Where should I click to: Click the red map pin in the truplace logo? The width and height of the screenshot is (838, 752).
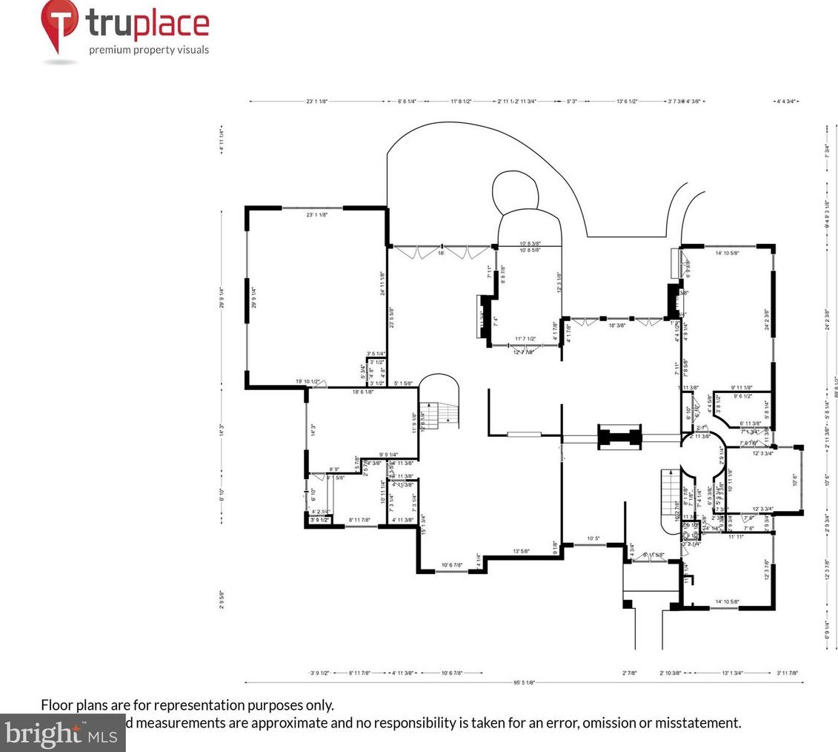(60, 24)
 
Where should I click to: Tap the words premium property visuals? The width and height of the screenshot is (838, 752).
(149, 50)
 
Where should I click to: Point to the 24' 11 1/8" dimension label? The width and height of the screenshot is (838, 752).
(382, 283)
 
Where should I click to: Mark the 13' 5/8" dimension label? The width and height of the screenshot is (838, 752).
(521, 551)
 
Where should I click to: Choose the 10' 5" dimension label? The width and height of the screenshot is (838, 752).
(593, 538)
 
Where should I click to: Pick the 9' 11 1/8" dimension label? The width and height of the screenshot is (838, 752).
(742, 387)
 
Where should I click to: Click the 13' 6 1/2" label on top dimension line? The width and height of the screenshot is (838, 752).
(627, 101)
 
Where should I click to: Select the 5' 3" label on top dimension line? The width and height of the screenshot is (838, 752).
(572, 101)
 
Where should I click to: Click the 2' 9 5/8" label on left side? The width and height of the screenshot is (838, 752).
(222, 598)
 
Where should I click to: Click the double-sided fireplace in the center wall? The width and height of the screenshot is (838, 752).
(619, 437)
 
